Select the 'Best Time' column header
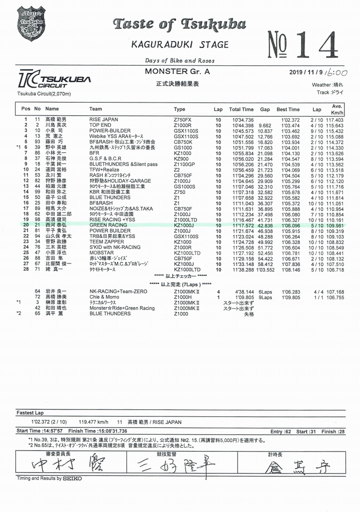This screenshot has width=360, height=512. (288, 109)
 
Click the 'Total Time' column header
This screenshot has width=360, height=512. (241, 109)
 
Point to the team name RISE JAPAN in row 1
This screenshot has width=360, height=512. (103, 120)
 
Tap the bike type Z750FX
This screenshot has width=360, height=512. (182, 120)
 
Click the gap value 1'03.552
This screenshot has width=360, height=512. (265, 269)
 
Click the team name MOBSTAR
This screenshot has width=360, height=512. (101, 253)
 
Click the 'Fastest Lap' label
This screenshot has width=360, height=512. (30, 413)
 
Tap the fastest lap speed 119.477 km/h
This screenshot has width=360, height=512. (88, 421)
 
